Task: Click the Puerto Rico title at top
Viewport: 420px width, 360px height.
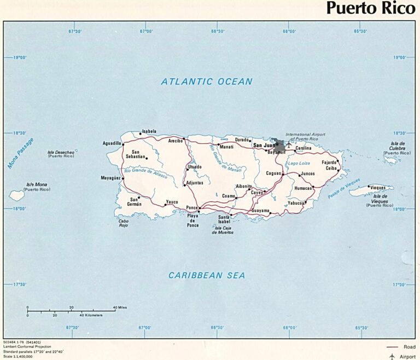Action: point(370,9)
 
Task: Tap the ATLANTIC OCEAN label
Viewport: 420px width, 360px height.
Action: point(207,82)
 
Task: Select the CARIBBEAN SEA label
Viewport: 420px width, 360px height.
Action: point(207,275)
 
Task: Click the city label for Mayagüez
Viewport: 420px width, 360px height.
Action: point(110,178)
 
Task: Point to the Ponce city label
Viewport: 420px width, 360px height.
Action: point(191,208)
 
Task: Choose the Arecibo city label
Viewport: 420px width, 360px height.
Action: point(175,141)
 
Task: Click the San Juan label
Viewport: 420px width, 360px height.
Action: point(263,146)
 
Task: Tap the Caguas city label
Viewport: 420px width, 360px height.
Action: point(273,173)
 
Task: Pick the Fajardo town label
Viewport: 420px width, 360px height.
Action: point(329,162)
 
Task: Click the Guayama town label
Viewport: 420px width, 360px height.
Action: point(260,211)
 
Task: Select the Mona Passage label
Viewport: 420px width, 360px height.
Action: point(21,153)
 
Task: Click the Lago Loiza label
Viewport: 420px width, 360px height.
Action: point(300,164)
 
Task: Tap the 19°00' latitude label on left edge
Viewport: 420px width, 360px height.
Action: point(19,57)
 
